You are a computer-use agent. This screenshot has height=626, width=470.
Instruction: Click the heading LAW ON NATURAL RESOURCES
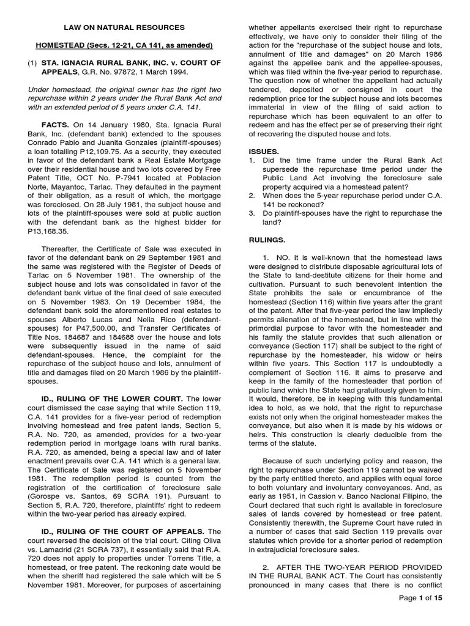[124, 28]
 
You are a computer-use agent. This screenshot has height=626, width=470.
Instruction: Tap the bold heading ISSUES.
[264, 151]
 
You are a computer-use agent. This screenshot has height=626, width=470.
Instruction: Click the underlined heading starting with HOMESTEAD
[124, 46]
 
